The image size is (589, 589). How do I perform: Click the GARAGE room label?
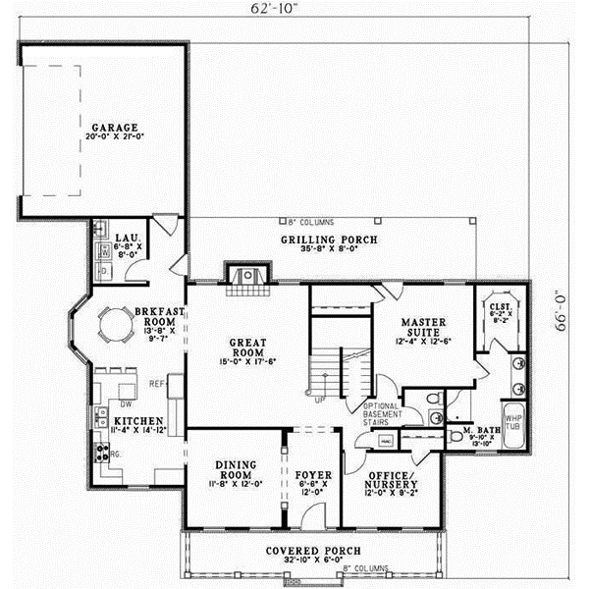(115, 128)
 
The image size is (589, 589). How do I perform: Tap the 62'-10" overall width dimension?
(278, 11)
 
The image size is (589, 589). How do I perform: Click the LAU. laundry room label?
(124, 238)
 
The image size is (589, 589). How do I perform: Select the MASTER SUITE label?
(423, 328)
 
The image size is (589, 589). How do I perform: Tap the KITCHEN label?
(117, 419)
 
